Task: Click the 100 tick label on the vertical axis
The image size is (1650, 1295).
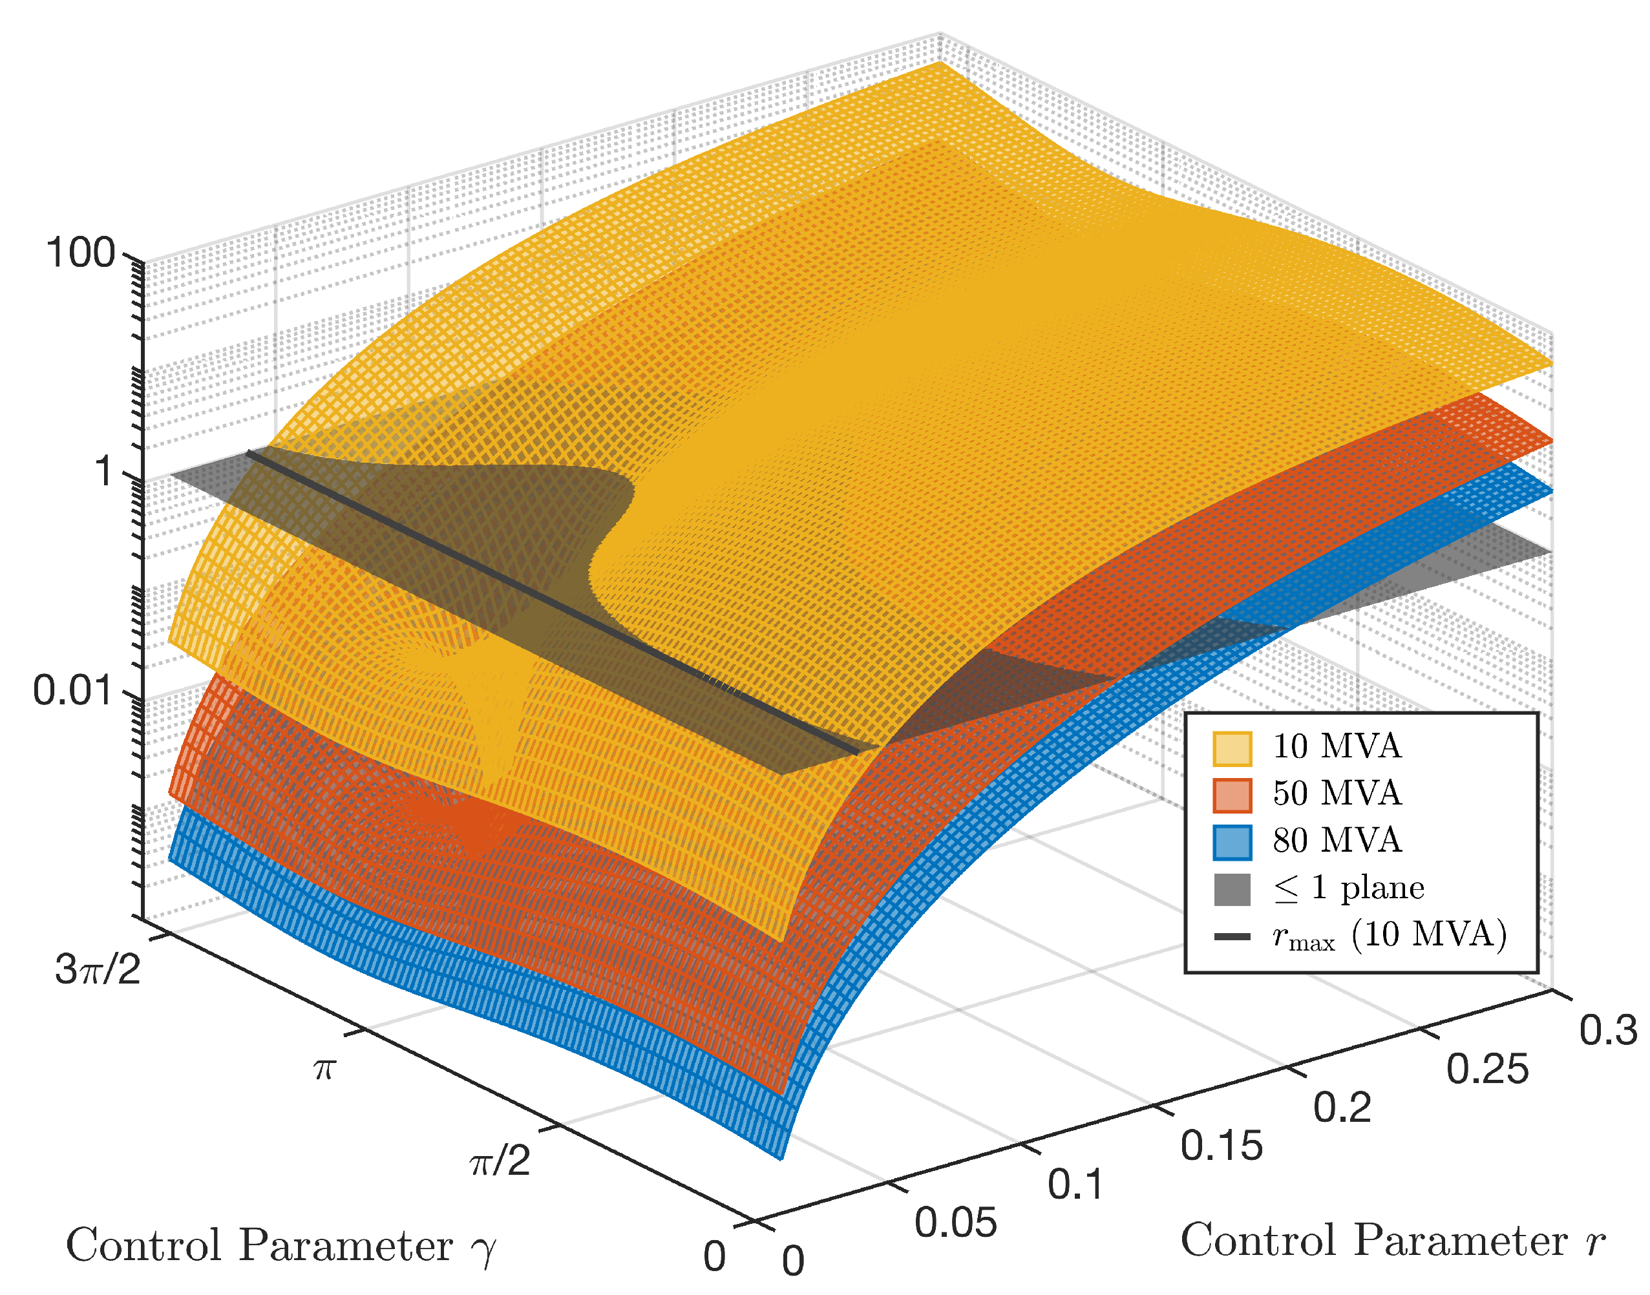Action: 79,253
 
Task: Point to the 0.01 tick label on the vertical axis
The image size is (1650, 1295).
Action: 73,691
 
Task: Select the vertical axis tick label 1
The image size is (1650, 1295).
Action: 105,472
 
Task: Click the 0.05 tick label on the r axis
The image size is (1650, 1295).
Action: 955,1223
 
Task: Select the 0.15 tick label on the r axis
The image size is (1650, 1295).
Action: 1222,1146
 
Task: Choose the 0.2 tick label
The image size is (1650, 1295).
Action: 1342,1108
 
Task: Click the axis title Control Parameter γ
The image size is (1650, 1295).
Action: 280,1247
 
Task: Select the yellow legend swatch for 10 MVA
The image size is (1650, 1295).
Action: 1232,748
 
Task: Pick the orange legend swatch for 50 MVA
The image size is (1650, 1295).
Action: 1232,795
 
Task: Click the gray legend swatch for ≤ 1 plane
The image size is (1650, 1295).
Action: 1232,889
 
